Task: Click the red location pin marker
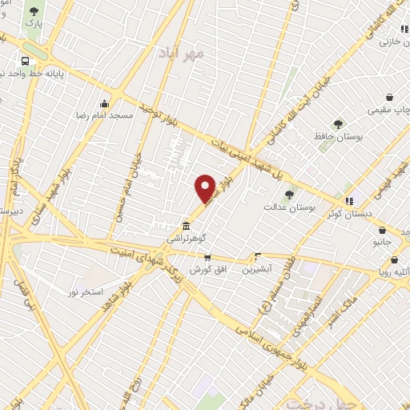click(x=206, y=187)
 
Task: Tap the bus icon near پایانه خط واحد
click(x=26, y=61)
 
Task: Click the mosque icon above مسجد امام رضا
click(x=103, y=103)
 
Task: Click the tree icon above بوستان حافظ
click(x=338, y=124)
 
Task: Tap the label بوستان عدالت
click(x=290, y=207)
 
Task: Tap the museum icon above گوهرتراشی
click(x=186, y=226)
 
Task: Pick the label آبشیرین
click(x=258, y=270)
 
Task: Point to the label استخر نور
click(x=84, y=292)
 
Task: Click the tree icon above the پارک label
click(x=34, y=12)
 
